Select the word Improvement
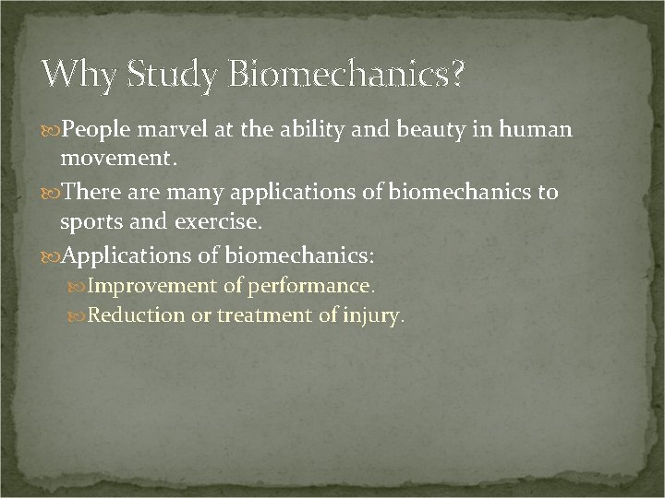[144, 287]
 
